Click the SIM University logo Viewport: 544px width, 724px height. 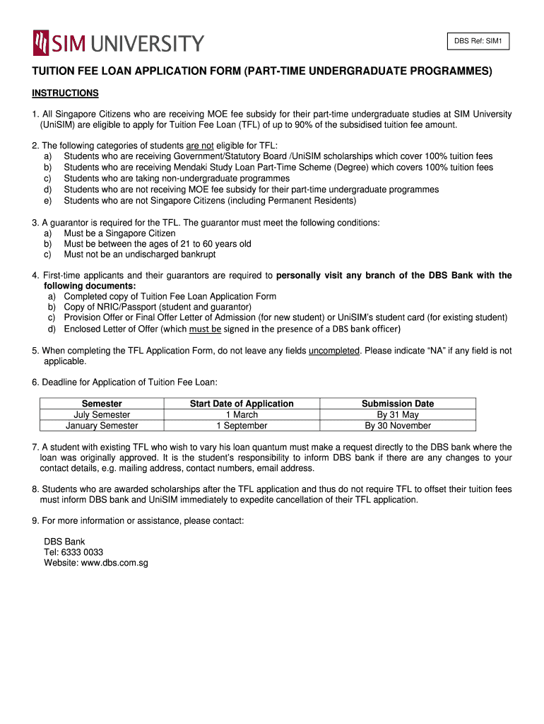pos(118,43)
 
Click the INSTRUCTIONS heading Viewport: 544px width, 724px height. pos(65,93)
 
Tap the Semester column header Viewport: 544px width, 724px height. pos(102,404)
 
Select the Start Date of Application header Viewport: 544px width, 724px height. pos(242,404)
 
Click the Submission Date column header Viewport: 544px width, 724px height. pos(398,404)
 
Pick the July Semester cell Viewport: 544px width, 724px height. pos(102,415)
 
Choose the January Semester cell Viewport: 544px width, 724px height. pos(102,426)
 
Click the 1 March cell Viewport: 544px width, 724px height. pos(242,415)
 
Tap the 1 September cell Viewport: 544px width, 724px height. pos(242,426)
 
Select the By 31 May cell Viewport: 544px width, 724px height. pos(398,415)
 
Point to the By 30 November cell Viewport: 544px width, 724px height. pos(398,426)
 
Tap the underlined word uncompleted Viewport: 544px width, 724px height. pos(334,351)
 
